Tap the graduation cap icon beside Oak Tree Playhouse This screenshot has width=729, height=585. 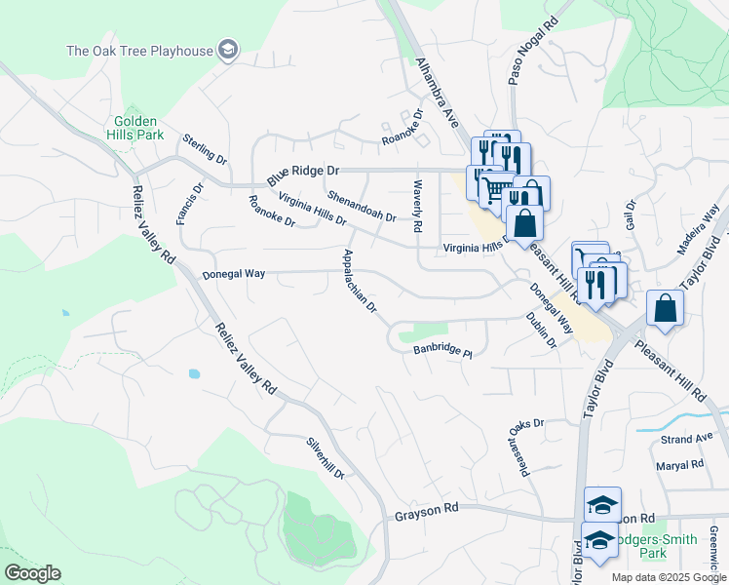click(228, 50)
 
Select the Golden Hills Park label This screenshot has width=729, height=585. click(134, 128)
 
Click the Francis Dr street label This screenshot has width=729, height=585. click(190, 204)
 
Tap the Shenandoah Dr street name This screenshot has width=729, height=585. click(362, 206)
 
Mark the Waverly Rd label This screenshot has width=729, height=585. click(417, 206)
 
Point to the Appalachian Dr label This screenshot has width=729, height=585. click(360, 282)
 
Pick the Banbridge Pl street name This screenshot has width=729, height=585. click(442, 350)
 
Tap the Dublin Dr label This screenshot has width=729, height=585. click(540, 331)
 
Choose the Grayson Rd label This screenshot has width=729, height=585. click(427, 510)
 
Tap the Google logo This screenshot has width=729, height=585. click(32, 573)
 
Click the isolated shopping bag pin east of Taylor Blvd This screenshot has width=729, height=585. click(665, 308)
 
